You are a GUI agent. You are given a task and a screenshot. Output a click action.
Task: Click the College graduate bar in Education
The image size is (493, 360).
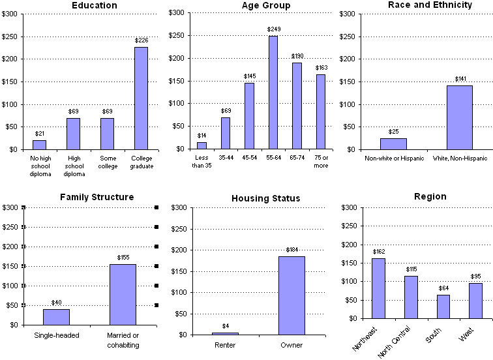pos(141,98)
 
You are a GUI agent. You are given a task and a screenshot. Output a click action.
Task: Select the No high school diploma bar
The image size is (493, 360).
pos(39,145)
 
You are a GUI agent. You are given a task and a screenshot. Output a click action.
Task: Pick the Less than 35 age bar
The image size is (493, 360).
pos(202,145)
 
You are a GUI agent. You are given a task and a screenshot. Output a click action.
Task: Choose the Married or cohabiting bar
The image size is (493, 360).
pos(123,294)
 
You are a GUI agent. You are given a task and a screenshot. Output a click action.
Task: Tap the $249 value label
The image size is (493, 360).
pos(273,29)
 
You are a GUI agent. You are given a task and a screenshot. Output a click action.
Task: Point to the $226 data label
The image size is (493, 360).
pos(141,40)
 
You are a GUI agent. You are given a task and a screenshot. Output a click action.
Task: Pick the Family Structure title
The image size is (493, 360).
pos(97,197)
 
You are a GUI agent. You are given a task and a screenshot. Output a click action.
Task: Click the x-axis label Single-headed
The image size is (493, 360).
pos(56,336)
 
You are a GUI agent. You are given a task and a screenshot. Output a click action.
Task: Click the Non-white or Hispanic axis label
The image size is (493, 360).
pos(394,158)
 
